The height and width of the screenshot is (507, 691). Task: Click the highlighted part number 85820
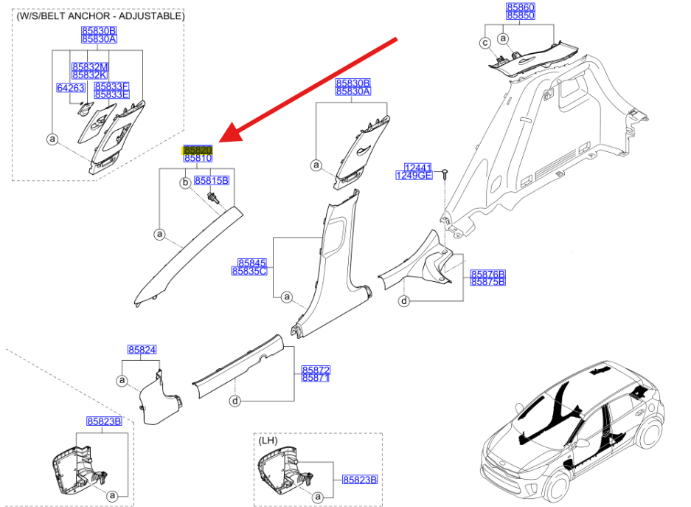[x=198, y=149]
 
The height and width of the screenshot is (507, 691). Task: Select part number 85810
[x=198, y=158]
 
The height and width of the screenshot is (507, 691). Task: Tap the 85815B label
[x=212, y=180]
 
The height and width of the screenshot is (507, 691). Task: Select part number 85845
[x=251, y=262]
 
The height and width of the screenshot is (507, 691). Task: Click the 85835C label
[x=249, y=271]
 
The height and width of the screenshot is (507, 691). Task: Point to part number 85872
[x=316, y=369]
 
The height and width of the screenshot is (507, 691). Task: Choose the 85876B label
[x=488, y=274]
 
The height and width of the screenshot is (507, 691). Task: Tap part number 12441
[x=417, y=168]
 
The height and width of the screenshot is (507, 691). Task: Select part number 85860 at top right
[x=520, y=7]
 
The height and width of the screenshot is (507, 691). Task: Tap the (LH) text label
[x=268, y=440]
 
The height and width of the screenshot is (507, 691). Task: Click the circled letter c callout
[x=485, y=43]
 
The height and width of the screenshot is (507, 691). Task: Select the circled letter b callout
[x=186, y=181]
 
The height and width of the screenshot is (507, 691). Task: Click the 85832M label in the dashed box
[x=90, y=66]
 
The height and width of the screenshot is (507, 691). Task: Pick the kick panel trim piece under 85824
[x=161, y=399]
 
